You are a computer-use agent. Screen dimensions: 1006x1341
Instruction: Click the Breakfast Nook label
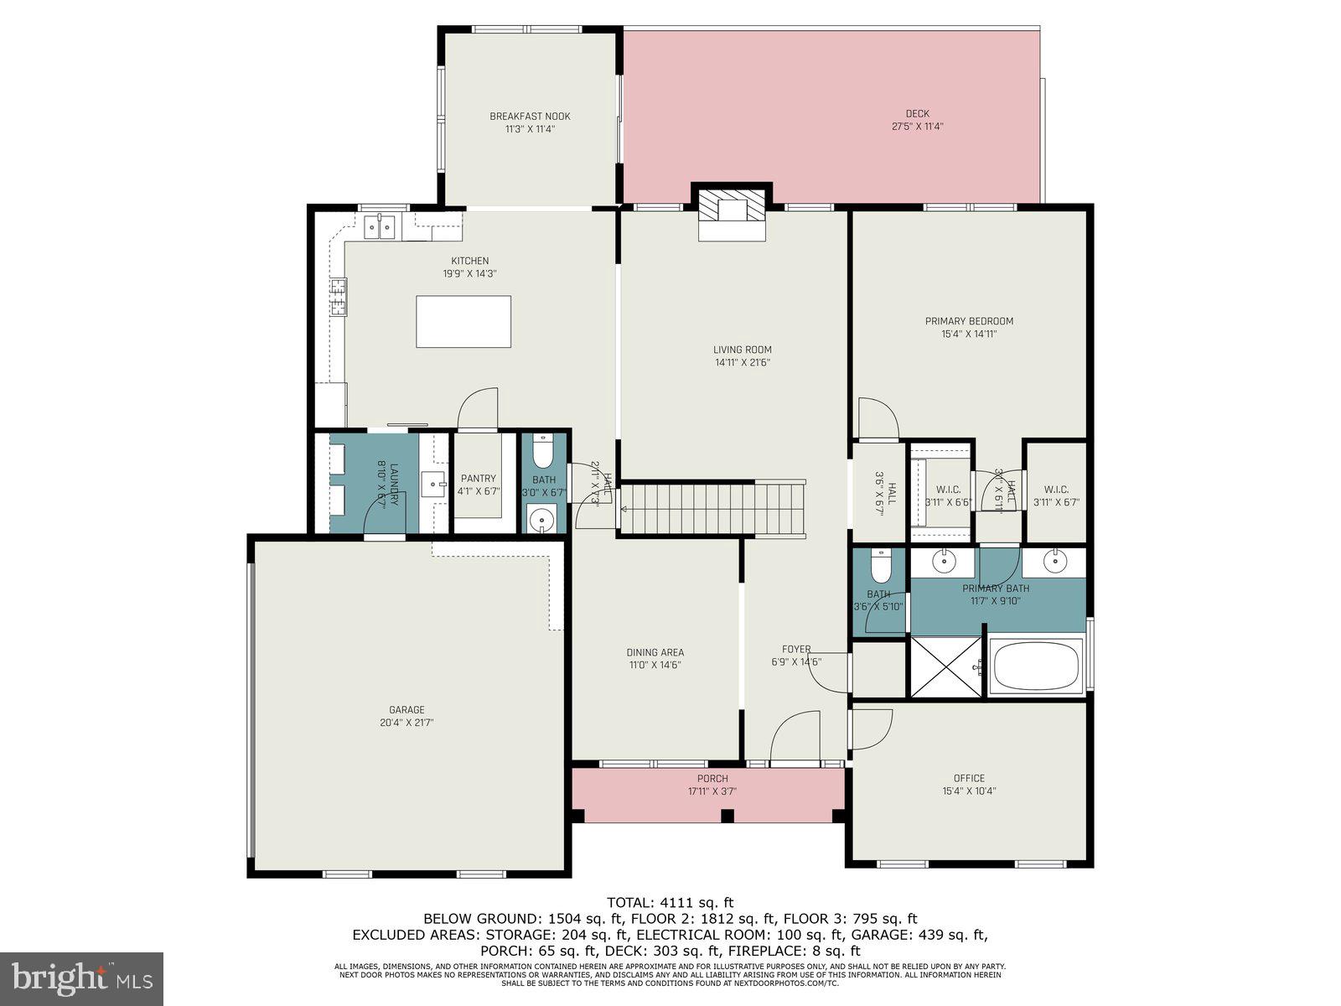click(530, 117)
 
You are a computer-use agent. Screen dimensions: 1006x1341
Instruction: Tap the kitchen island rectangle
click(463, 321)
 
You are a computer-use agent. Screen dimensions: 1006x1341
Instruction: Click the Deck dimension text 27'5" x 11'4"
click(917, 127)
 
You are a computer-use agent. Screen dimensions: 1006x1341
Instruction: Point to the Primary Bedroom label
click(969, 321)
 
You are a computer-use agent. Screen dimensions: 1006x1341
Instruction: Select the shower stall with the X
click(945, 666)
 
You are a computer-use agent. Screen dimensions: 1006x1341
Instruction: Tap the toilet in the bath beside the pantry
click(543, 451)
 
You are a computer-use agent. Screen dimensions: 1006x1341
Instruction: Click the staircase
click(712, 508)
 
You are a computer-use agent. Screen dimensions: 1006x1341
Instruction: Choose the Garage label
click(406, 710)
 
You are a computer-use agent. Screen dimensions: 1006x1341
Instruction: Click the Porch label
click(712, 778)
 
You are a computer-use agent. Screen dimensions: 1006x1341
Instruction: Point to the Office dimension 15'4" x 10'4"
click(969, 791)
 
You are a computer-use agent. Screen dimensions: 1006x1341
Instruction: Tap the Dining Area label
click(655, 652)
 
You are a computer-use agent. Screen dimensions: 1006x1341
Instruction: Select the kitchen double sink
click(381, 226)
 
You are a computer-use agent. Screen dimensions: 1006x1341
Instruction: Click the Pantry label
click(478, 479)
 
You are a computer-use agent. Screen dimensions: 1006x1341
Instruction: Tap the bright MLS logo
click(81, 978)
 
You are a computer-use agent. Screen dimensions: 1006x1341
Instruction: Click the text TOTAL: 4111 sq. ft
click(670, 903)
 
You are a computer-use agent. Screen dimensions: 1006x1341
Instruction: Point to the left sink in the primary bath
click(944, 560)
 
